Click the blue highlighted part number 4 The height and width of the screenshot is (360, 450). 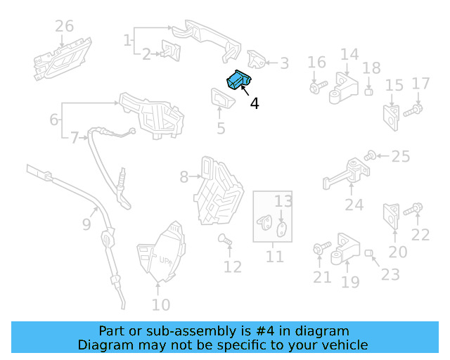coord(239,79)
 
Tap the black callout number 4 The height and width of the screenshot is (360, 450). coord(255,103)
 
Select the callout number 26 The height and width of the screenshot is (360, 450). coord(64,26)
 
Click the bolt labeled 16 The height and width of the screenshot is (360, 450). coord(319,86)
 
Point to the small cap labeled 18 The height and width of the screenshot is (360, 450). coord(368,92)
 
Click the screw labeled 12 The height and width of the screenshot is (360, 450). coord(225,240)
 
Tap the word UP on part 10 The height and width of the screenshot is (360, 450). coord(165,260)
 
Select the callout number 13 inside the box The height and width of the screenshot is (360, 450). coord(283,201)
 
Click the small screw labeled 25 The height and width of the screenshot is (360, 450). coord(370,156)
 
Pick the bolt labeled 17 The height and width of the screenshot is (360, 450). coord(413,110)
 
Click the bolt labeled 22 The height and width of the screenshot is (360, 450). coord(413,209)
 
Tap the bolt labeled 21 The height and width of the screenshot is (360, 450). coord(322,247)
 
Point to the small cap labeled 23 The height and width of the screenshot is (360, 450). coord(368,253)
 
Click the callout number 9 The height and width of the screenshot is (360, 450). coord(86,224)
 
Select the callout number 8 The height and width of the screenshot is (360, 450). coord(184,177)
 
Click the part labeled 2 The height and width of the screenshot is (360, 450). coord(171,51)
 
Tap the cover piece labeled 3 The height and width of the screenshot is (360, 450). coord(257,60)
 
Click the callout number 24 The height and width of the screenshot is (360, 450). coord(354,205)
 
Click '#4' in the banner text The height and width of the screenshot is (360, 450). coord(265,331)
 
